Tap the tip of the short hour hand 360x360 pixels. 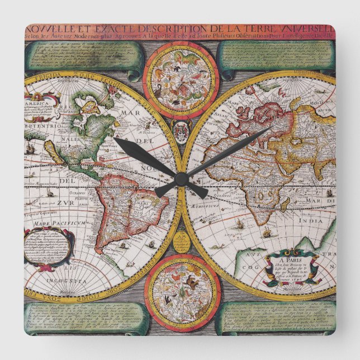116,140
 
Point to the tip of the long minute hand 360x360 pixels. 272,128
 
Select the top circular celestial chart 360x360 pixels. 181,73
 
